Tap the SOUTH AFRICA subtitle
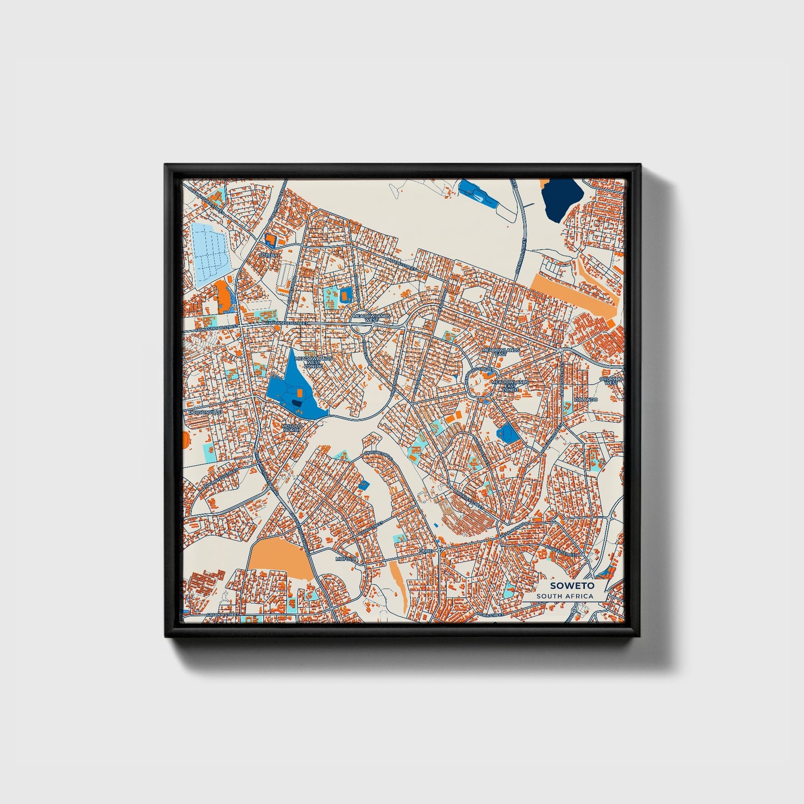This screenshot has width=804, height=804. pyautogui.click(x=565, y=596)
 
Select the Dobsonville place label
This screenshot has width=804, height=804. pyautogui.click(x=205, y=412)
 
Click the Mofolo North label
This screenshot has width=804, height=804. pyautogui.click(x=292, y=427)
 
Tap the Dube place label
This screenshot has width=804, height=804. pyautogui.click(x=426, y=551)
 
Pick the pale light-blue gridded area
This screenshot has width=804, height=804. pyautogui.click(x=209, y=253)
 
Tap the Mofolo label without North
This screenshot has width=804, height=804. pyautogui.click(x=345, y=558)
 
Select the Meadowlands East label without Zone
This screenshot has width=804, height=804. pyautogui.click(x=501, y=352)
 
